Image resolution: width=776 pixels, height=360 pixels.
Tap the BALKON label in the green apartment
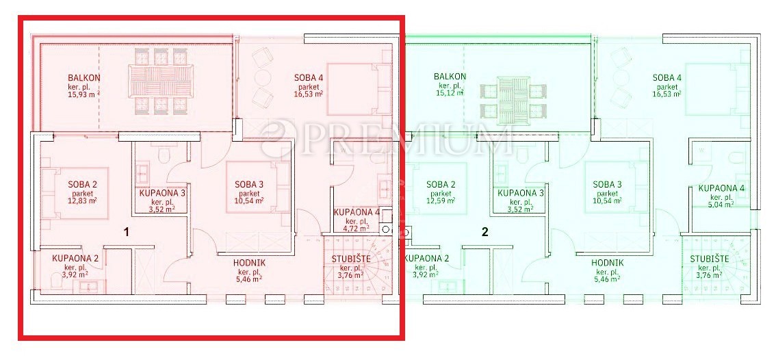pos(450,77)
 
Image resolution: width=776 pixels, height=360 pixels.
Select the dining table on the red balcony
pos(161,79)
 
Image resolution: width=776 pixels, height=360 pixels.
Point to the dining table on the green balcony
pos(514,97)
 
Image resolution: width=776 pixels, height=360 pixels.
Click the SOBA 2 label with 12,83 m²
pos(82,184)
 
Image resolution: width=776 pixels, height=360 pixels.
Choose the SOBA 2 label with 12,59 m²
pos(441,184)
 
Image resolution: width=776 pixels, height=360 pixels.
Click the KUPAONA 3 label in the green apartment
pos(521,193)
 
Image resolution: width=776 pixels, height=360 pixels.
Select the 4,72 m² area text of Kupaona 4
pos(356,229)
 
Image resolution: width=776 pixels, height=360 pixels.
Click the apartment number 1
pos(126,233)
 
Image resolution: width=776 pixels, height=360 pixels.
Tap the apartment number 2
pos(485,232)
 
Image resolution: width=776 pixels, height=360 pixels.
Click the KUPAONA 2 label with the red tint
pos(76,259)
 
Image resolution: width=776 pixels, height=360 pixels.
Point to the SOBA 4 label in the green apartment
pos(667,77)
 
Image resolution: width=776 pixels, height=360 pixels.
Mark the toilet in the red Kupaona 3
pos(164,155)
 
